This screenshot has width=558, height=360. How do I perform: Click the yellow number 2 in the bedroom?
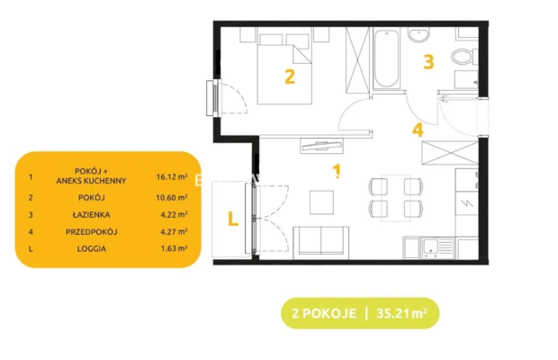[x=290, y=76]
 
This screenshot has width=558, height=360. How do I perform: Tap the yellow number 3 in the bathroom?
[x=428, y=61]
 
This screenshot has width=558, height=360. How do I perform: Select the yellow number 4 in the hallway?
[x=418, y=130]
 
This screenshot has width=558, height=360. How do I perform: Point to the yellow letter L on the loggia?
[x=233, y=219]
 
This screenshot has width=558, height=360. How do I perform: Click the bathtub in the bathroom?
[x=386, y=58]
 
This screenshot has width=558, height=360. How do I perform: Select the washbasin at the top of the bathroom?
[x=419, y=35]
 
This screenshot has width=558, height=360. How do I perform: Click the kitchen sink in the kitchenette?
[x=438, y=247]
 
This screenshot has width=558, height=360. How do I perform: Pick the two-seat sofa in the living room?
[x=321, y=243]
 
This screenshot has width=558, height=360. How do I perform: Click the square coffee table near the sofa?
[x=321, y=202]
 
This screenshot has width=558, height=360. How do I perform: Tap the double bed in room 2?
[x=284, y=69]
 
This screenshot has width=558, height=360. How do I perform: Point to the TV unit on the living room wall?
[x=321, y=146]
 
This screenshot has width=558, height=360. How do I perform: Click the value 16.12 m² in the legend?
[x=172, y=176]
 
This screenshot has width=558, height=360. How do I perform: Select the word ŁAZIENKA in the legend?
[x=92, y=214]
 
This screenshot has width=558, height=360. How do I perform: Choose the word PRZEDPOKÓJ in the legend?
[x=92, y=232]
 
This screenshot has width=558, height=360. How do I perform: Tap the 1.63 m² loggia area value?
[x=174, y=248]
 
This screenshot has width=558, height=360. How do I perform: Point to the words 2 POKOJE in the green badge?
[x=324, y=313]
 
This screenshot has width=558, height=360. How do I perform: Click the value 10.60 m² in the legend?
[x=172, y=197]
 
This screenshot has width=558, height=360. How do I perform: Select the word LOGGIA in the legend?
[x=92, y=248]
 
